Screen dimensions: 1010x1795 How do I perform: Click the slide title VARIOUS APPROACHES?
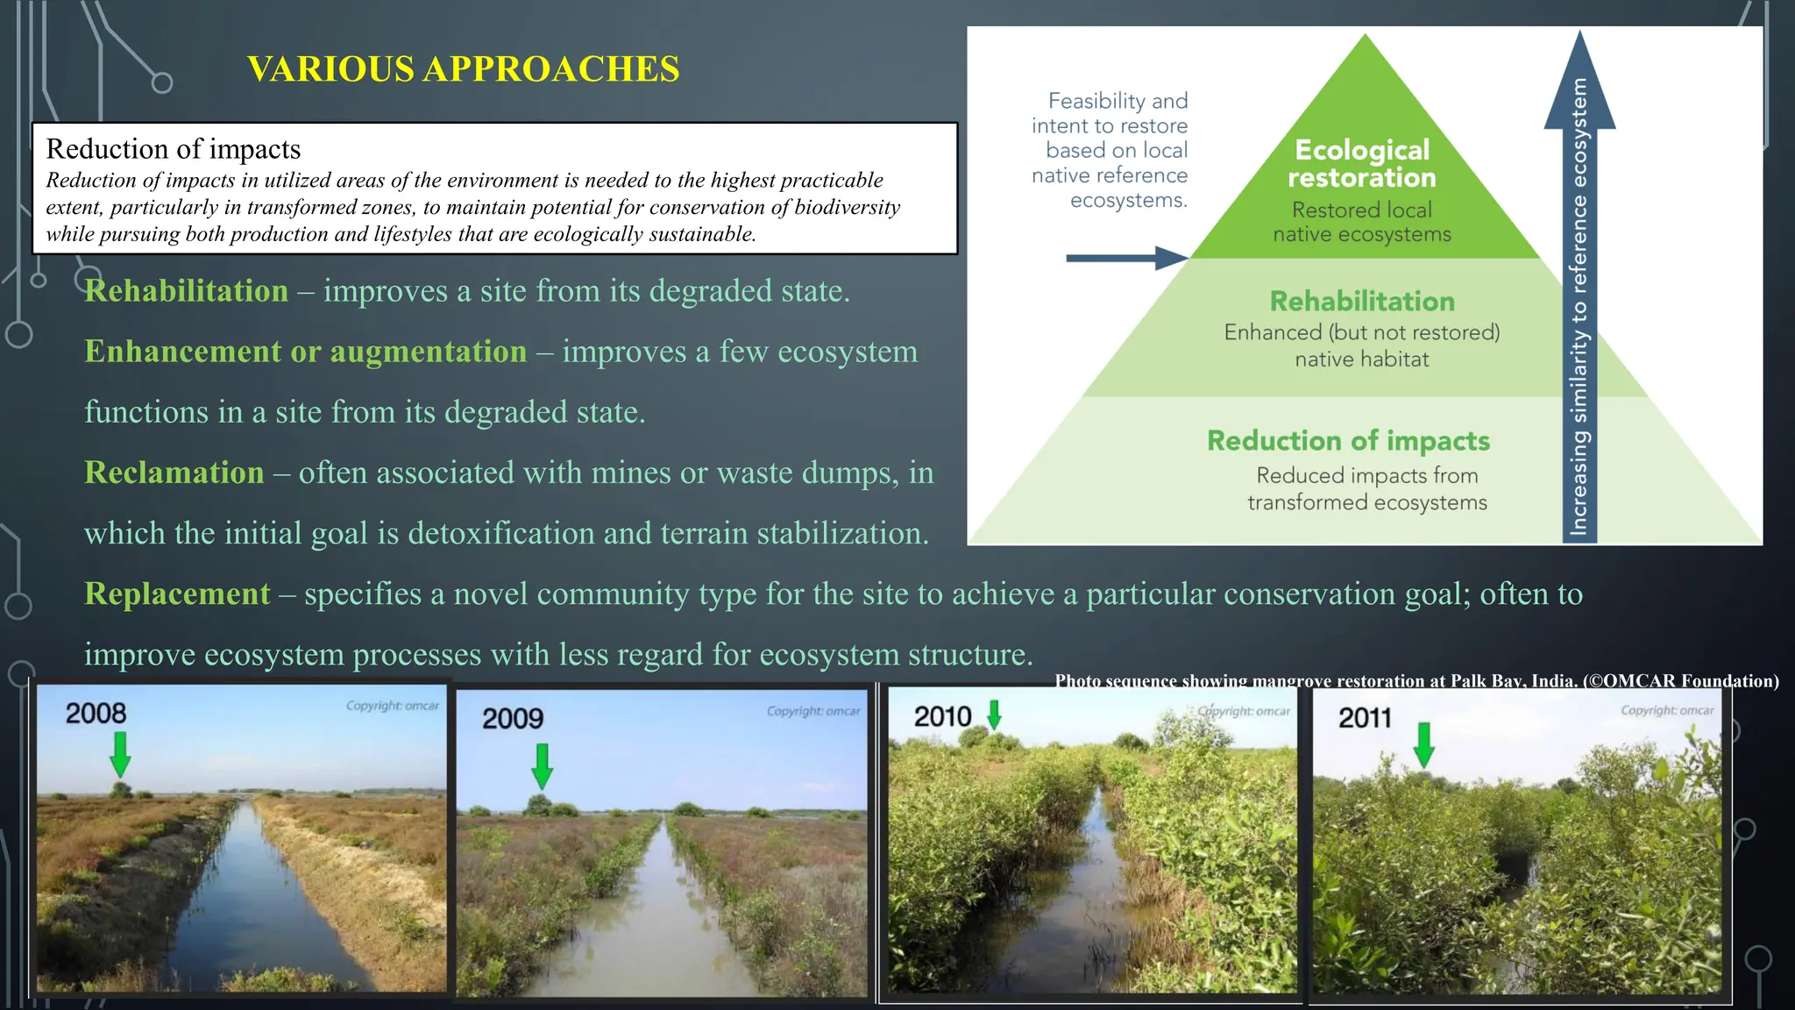463,69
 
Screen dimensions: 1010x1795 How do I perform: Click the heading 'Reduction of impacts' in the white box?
173,149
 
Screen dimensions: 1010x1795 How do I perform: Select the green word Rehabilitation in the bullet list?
186,291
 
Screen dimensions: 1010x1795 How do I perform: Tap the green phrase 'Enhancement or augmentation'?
305,352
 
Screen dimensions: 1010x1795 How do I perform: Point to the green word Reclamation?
174,473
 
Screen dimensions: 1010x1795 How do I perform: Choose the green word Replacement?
177,594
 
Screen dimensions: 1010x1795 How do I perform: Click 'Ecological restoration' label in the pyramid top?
1362,164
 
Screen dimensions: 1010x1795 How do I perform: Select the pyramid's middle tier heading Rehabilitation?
1362,302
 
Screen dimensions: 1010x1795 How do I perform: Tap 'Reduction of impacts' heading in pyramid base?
1348,441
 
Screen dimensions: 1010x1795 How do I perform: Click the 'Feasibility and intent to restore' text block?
1110,150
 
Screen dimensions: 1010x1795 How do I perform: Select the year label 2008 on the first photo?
96,713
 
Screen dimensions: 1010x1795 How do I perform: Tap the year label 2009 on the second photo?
513,719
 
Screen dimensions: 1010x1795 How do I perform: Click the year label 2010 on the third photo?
942,717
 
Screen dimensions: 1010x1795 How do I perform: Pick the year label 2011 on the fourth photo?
1365,718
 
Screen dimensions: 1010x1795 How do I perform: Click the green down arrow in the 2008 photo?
120,754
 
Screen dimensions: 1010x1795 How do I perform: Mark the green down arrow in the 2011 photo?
1424,745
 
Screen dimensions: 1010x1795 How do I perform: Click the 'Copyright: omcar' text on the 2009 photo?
812,711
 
